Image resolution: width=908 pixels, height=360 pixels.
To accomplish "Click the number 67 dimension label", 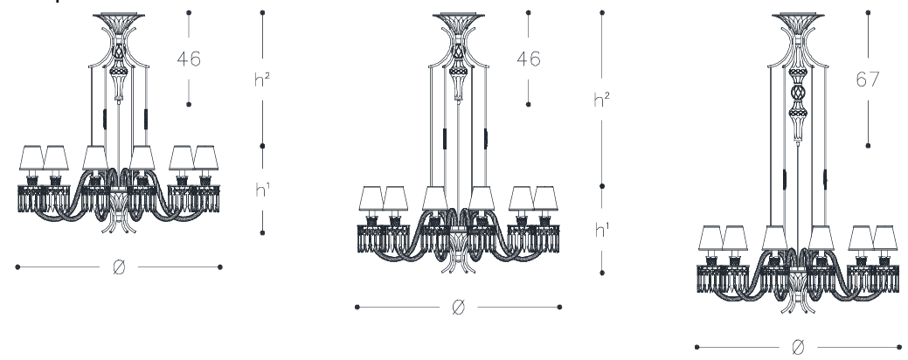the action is (x=868, y=80).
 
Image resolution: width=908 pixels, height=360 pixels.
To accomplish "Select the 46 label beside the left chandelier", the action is (x=189, y=59).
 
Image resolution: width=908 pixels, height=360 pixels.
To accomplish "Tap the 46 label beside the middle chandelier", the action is (x=528, y=59).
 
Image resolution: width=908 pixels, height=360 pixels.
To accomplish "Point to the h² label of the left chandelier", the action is (x=262, y=80).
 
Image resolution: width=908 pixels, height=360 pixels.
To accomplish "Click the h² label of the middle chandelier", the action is (x=601, y=100).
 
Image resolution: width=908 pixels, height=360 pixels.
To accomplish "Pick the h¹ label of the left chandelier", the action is (x=262, y=190).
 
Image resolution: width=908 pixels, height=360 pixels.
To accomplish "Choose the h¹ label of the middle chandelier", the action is (x=601, y=230).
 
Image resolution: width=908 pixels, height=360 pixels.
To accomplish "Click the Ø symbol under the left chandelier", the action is (x=119, y=267).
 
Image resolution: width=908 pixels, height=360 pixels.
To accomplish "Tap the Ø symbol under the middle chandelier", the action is (x=458, y=307).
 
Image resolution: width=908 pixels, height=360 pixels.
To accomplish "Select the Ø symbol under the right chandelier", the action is (x=797, y=347).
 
